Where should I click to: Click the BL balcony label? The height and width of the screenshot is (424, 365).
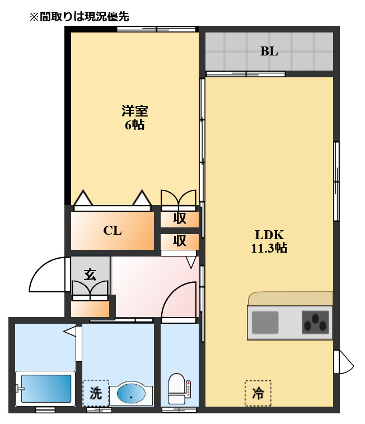click(269, 52)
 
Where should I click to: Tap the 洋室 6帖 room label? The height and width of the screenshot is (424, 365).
click(134, 117)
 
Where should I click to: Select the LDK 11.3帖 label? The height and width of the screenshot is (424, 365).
click(269, 241)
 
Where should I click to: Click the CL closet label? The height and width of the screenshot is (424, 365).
click(113, 230)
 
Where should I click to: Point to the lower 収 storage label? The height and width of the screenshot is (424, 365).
click(179, 241)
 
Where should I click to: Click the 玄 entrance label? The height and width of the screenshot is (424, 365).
click(90, 274)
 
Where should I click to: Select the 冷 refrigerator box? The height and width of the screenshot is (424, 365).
click(258, 393)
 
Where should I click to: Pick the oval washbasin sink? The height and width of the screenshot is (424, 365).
click(131, 394)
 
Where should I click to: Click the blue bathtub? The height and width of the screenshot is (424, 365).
click(45, 388)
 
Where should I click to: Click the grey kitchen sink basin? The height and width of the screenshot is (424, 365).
click(265, 323)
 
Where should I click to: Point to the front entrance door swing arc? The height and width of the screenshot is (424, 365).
click(48, 275)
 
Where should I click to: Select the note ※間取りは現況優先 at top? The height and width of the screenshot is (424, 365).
click(79, 17)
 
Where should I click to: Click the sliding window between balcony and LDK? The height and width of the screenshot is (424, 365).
click(245, 74)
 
